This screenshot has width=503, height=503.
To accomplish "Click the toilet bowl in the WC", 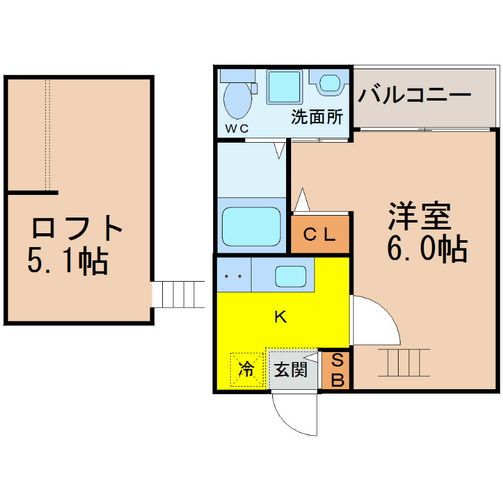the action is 238,100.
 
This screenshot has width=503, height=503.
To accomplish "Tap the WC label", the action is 237,129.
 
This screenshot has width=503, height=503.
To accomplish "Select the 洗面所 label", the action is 317,117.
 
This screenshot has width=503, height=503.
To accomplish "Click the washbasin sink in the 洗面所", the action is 329,83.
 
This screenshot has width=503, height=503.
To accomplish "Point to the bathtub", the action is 251,226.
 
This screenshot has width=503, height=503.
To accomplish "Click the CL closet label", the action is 319,235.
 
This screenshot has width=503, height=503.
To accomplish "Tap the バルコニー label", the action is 414,95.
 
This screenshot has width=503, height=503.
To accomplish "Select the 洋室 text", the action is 420,216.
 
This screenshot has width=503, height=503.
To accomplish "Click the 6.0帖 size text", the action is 427,248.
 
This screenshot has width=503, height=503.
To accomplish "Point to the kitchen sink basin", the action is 290,277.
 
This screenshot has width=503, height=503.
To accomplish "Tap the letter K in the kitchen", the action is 280,317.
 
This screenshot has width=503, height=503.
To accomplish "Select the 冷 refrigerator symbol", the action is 246,370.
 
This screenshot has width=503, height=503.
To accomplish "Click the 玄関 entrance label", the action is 290,370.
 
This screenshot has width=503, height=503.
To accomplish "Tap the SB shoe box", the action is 337,370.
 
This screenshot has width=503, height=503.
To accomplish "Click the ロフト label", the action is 77,228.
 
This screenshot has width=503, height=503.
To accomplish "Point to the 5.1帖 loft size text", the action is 68,260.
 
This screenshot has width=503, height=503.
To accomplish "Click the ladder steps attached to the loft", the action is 178,294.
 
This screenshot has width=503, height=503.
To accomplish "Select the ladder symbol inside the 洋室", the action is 404,363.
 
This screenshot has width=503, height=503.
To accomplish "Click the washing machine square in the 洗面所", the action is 285,87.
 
